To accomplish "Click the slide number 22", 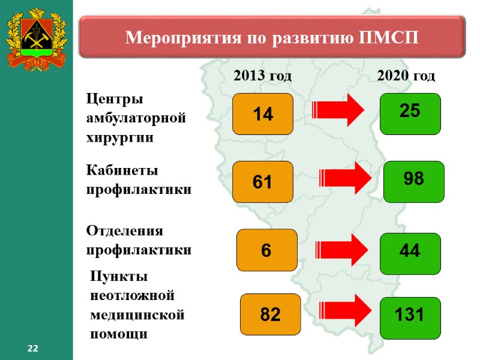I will [32, 349].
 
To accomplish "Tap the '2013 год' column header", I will [262, 76].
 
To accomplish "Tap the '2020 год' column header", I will [406, 76].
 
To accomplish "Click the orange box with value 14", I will [263, 113].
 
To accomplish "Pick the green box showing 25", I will [411, 113].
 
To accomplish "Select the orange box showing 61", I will [263, 181].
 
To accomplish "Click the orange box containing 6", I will [267, 250].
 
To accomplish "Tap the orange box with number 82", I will [270, 314].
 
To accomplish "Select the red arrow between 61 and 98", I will [344, 178].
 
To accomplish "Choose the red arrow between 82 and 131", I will [344, 310].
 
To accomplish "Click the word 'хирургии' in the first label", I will [120, 137].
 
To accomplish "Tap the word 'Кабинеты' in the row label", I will [122, 170].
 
